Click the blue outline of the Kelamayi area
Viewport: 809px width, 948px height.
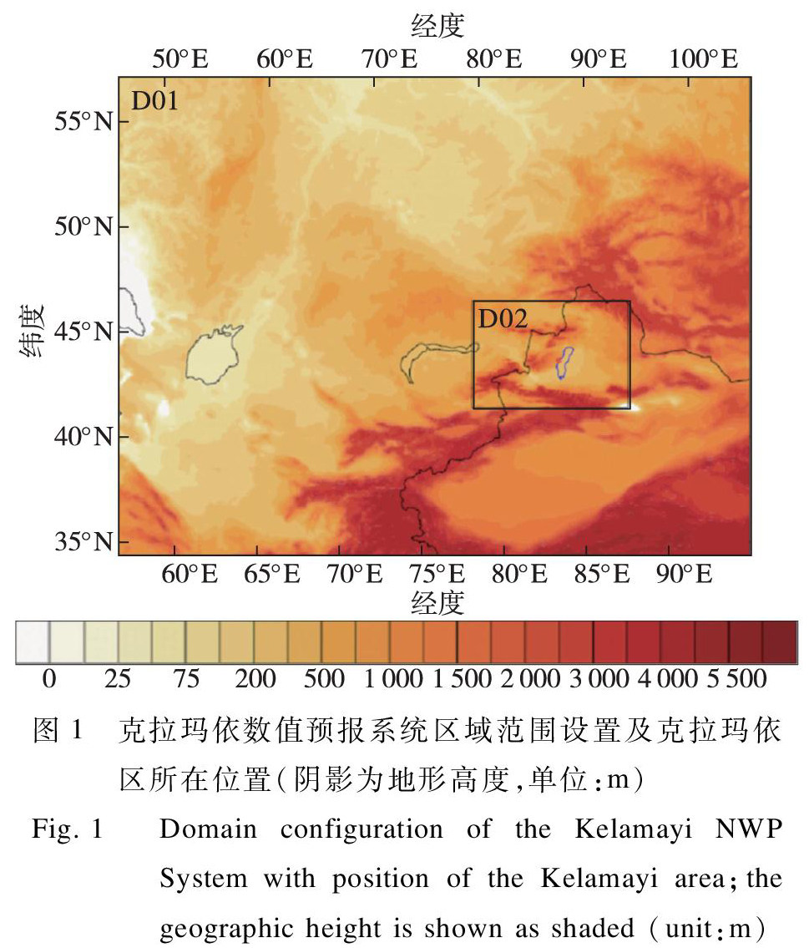564,363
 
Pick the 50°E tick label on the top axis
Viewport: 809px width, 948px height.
181,59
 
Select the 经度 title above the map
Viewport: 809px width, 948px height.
437,28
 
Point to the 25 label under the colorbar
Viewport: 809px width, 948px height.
118,678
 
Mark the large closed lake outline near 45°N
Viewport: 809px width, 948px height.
212,355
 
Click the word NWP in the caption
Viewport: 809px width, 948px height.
755,830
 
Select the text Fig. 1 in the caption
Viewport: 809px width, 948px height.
67,831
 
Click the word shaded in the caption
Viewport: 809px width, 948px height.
604,927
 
